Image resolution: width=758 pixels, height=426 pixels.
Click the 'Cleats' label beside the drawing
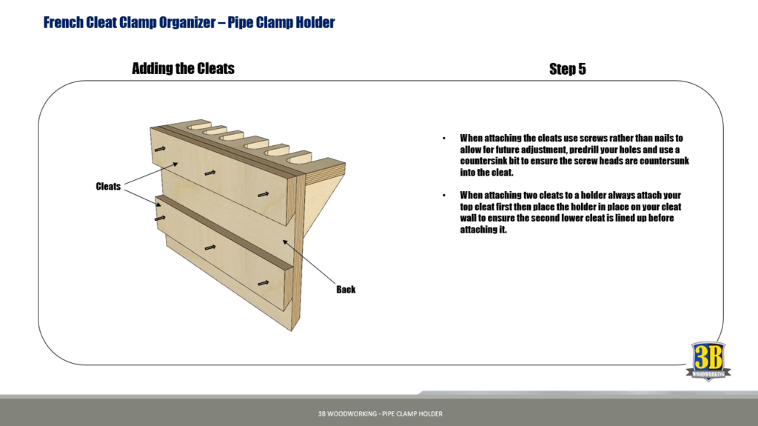[108, 187]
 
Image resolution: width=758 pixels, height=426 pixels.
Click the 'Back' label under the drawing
[346, 290]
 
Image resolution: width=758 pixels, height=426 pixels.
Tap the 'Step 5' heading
[567, 69]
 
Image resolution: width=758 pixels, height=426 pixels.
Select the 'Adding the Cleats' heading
[183, 69]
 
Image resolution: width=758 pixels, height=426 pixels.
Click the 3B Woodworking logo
[711, 362]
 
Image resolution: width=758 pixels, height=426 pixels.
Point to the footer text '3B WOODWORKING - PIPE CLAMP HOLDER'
[379, 413]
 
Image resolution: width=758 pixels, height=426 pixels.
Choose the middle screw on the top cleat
[211, 173]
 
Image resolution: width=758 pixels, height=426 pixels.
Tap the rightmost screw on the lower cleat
[263, 282]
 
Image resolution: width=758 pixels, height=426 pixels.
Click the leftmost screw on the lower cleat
[160, 219]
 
